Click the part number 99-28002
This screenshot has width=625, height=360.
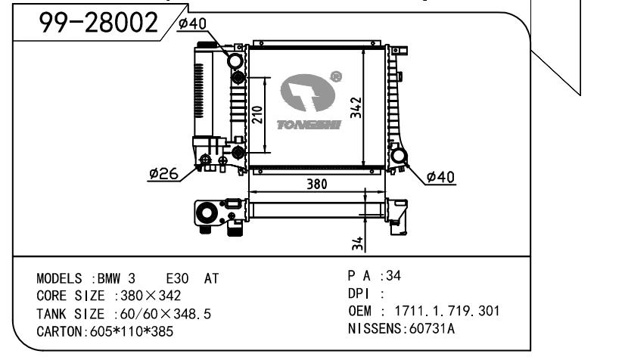tap(98, 22)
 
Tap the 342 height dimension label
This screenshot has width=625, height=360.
tap(356, 107)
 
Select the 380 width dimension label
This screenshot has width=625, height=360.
tap(316, 184)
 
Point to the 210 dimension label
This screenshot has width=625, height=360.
tap(258, 114)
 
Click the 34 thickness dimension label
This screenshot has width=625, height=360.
tap(358, 244)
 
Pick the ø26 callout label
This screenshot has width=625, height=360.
tap(164, 174)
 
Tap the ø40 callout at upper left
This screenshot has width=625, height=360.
tap(192, 23)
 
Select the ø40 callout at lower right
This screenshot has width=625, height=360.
tap(440, 177)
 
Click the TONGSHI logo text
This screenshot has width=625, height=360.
tap(309, 125)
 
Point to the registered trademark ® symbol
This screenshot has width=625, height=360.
tap(336, 76)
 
